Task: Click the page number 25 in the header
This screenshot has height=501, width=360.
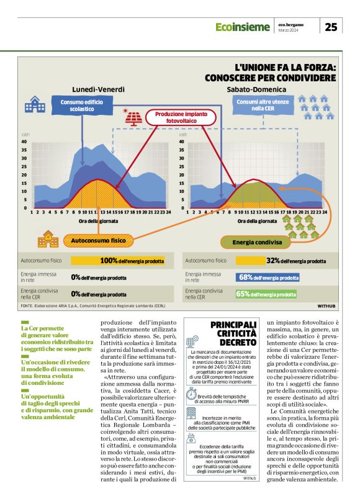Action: [x=331, y=27]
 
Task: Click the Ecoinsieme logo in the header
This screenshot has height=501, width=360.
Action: [x=243, y=27]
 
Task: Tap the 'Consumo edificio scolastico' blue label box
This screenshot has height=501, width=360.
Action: [x=81, y=105]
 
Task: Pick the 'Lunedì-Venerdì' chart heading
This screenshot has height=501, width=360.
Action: [x=98, y=89]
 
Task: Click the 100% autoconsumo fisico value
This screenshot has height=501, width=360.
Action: [x=109, y=261]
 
